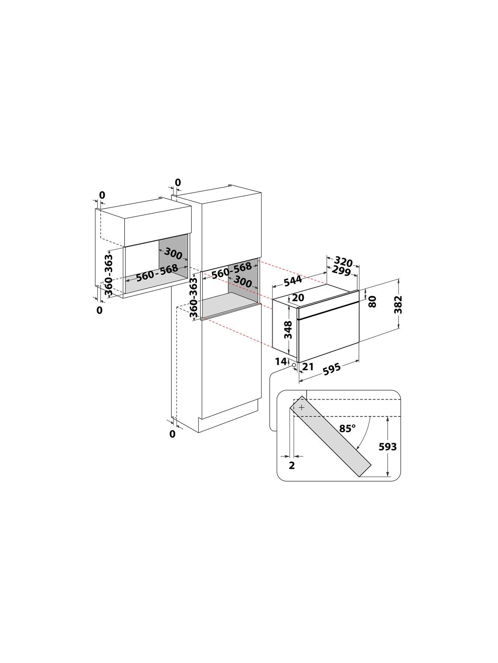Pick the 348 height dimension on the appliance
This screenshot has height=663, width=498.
click(288, 330)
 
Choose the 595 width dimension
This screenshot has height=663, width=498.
click(331, 369)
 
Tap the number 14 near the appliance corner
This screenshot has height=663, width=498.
click(281, 361)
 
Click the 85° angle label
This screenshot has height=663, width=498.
click(347, 428)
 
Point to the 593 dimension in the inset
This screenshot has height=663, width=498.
click(388, 447)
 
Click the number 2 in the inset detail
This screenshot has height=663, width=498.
click(292, 466)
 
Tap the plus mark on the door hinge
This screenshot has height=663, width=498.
click(302, 407)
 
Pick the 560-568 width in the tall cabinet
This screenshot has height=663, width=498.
click(232, 271)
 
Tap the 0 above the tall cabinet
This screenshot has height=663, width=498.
click(178, 182)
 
